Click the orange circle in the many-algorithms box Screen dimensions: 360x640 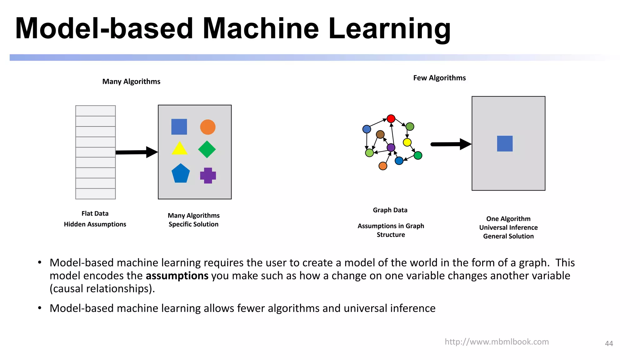point(208,127)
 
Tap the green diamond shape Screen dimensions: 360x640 point(207,149)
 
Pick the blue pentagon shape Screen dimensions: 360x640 point(181,174)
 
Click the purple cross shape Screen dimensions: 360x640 point(208,175)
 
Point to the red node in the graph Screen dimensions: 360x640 point(391,119)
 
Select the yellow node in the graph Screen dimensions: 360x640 point(407,142)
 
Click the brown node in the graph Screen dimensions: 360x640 point(380,135)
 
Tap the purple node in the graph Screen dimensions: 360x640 point(391,147)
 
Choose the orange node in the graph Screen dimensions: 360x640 point(383,166)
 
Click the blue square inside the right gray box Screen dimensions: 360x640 point(505,143)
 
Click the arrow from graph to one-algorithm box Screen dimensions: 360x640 point(450,144)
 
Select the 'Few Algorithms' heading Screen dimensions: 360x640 point(439,78)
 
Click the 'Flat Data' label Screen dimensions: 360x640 point(95,213)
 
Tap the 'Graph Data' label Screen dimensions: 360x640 point(390,210)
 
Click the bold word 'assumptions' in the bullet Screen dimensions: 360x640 point(177,276)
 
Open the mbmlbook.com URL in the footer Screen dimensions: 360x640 point(497,342)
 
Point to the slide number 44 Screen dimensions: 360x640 point(609,343)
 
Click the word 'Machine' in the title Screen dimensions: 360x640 point(261,29)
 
